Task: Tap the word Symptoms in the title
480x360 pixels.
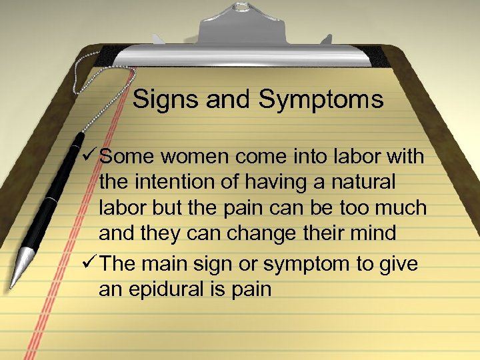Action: [321, 100]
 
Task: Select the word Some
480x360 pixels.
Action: [127, 157]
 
